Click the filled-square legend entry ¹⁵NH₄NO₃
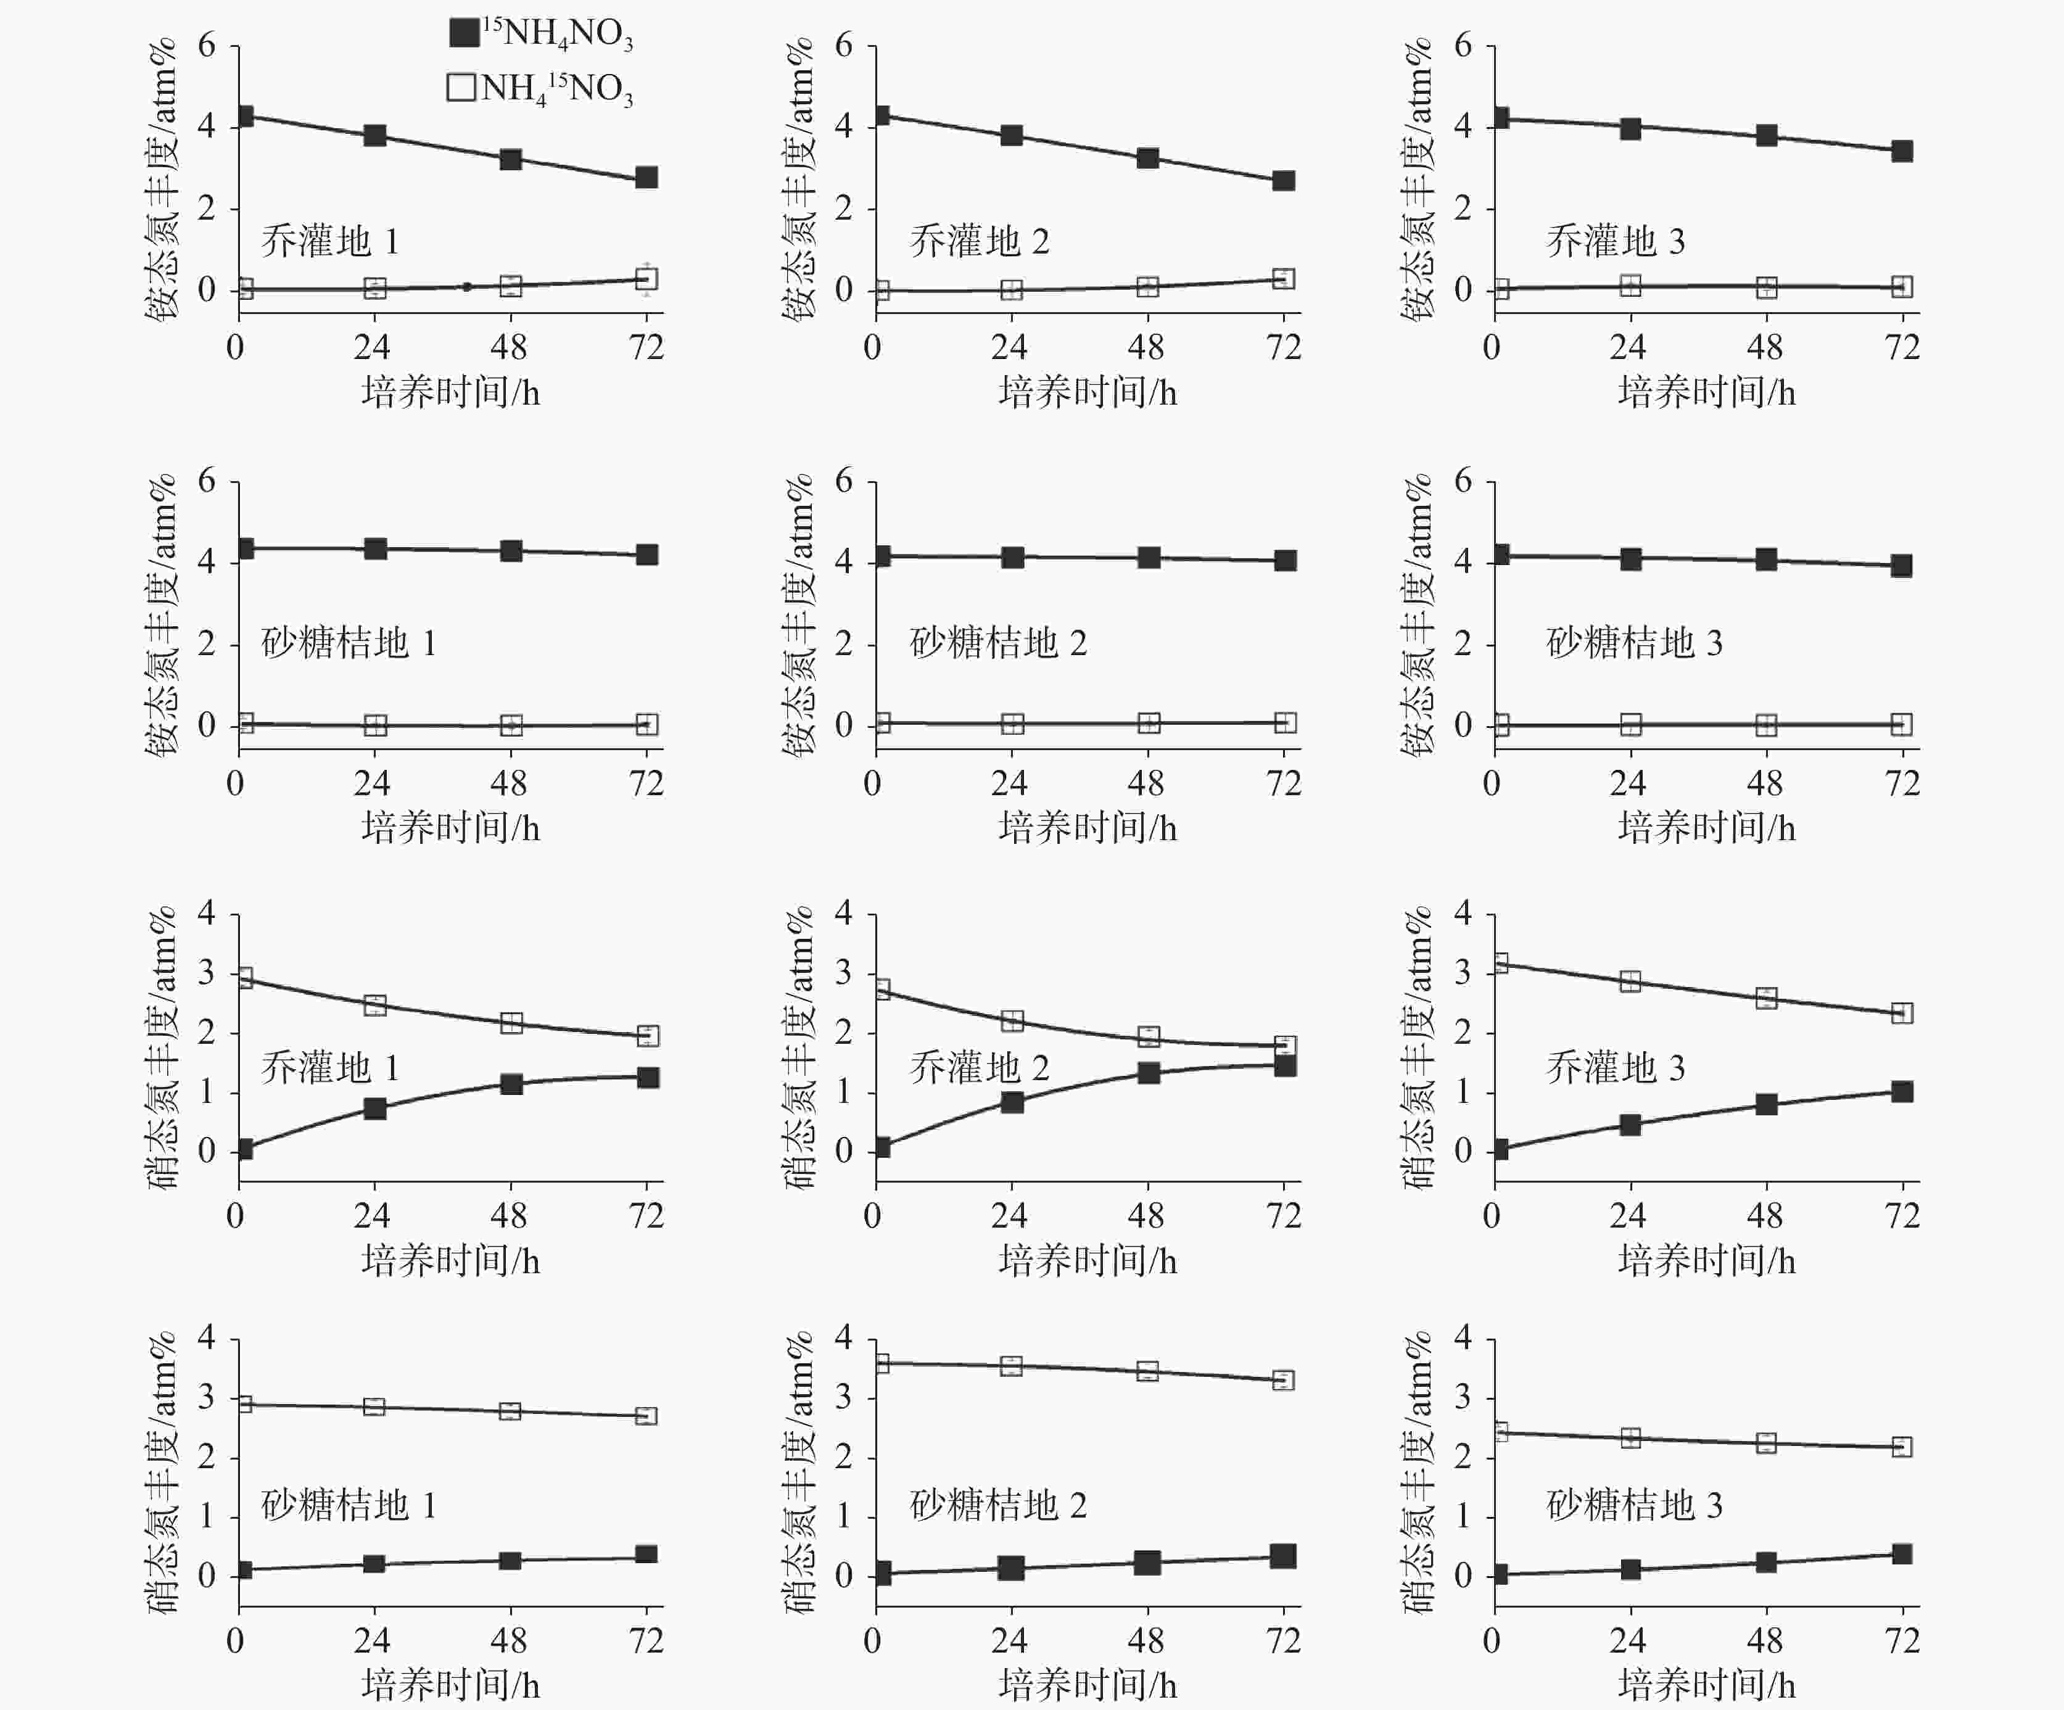tap(540, 33)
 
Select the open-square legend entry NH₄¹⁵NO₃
tap(540, 88)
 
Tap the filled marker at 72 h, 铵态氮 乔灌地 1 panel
tap(646, 178)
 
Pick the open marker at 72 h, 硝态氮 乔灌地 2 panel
tap(1284, 1046)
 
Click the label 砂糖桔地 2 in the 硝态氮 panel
tap(997, 1506)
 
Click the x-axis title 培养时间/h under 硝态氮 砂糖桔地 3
tap(1706, 1685)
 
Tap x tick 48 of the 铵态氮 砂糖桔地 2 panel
tap(1146, 783)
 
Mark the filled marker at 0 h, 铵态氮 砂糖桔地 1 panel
tap(245, 548)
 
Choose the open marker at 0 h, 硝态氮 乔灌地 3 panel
tap(1499, 963)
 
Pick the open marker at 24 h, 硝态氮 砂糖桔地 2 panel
tap(1012, 1366)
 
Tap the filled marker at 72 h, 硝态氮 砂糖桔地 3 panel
tap(1902, 1554)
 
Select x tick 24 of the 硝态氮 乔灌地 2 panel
tap(1009, 1216)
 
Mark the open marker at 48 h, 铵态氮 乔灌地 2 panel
tap(1147, 287)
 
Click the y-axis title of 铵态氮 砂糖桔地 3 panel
tap(1418, 615)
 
